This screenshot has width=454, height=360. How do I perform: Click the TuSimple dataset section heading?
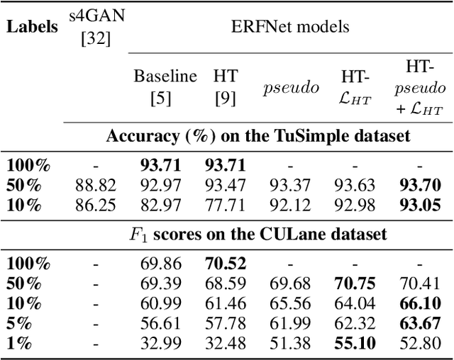258,136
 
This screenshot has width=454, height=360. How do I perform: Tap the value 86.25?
94,207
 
